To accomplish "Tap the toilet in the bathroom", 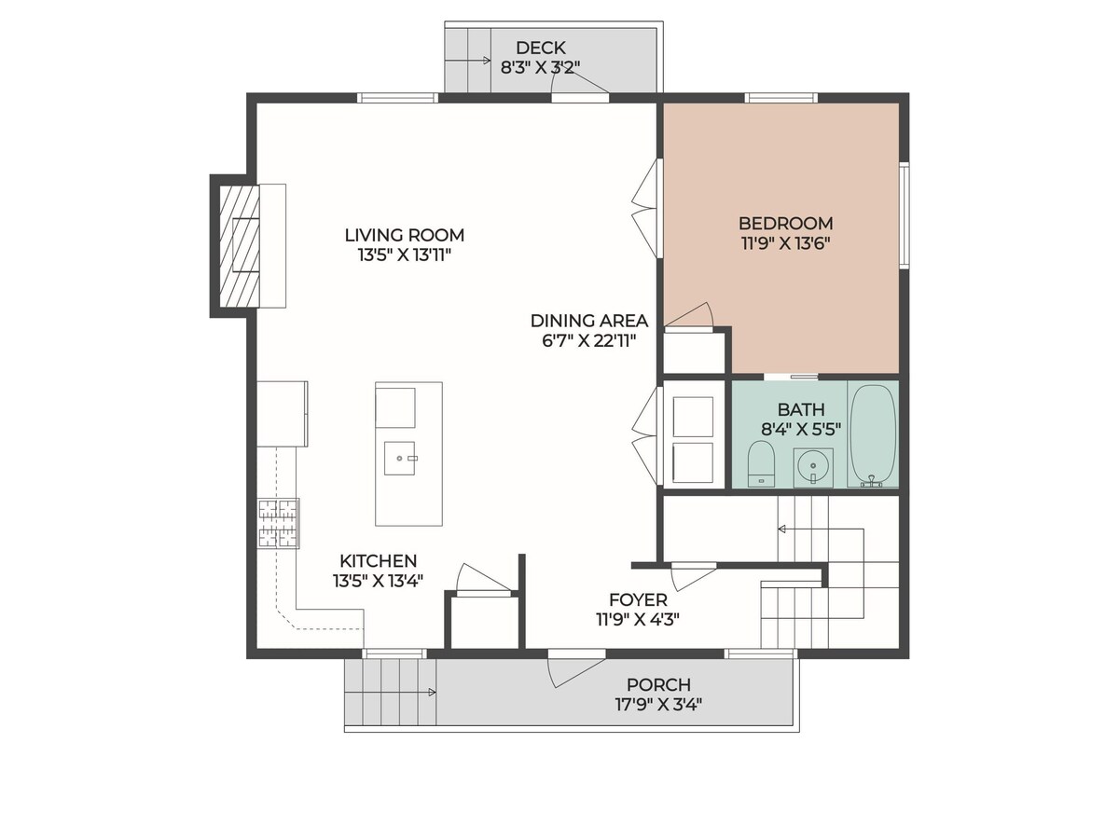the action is pyautogui.click(x=761, y=463).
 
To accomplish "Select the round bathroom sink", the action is pyautogui.click(x=813, y=465).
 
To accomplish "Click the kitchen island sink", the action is pyautogui.click(x=400, y=458).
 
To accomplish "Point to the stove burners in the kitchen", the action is pyautogui.click(x=278, y=523).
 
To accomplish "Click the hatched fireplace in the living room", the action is pyautogui.click(x=240, y=246).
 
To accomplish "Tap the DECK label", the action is pyautogui.click(x=540, y=48).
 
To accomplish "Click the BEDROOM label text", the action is pyautogui.click(x=785, y=223).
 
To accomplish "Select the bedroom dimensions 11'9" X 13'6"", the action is pyautogui.click(x=785, y=243).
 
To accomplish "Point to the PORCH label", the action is pyautogui.click(x=658, y=684).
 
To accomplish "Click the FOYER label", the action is pyautogui.click(x=638, y=599).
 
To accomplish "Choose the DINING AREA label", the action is pyautogui.click(x=589, y=321).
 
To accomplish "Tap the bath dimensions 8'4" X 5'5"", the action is pyautogui.click(x=801, y=430).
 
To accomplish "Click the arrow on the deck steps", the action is pyautogui.click(x=467, y=61).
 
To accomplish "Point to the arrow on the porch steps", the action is pyautogui.click(x=390, y=693).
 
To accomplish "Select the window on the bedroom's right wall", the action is pyautogui.click(x=904, y=215).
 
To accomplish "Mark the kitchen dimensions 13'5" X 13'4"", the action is pyautogui.click(x=379, y=581).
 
